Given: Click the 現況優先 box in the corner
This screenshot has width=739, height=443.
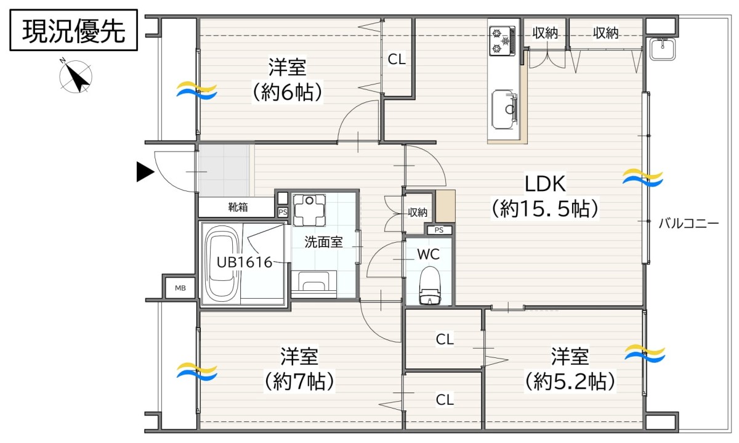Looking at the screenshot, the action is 73,30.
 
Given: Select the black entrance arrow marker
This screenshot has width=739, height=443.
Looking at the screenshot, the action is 145,172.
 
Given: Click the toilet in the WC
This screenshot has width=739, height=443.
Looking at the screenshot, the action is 430,285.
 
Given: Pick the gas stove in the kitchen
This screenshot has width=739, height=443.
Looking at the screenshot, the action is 502,41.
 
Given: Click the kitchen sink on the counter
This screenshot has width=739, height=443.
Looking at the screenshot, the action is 504,109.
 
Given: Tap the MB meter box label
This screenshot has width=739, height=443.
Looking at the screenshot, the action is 180,288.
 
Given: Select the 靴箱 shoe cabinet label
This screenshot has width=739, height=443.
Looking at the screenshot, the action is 238,207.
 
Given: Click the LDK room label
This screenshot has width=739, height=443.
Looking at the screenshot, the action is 545,184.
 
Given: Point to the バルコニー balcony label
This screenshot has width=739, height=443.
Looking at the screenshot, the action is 689,224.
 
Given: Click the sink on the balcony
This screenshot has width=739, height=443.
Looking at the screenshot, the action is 663,49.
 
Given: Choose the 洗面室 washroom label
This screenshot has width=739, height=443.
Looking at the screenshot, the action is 323,242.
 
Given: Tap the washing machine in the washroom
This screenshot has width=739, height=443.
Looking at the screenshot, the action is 309,210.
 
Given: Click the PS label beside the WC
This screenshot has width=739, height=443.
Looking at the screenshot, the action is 438,230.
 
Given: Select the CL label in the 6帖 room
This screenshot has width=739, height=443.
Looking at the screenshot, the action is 396,59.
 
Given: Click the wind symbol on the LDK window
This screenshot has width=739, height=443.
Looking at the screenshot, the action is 643,177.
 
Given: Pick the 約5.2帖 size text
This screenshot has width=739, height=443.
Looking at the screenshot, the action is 570,381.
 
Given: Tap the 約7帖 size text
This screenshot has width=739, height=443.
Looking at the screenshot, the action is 299,381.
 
